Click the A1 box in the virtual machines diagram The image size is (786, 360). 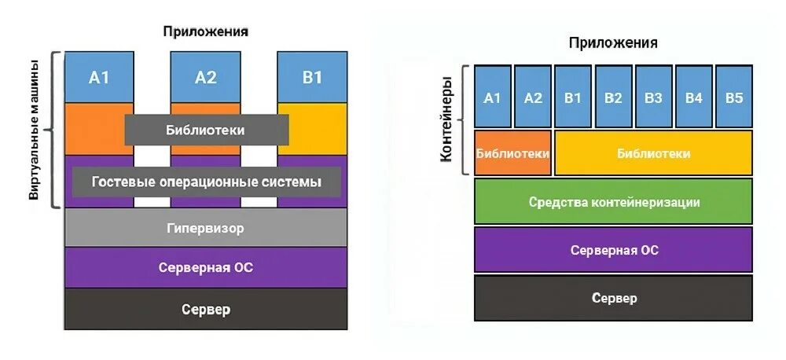tap(99, 77)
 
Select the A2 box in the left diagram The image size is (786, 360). tap(205, 77)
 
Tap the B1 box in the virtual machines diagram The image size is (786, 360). tap(312, 77)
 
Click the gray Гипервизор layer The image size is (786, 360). tap(205, 229)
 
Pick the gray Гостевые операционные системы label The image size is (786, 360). tap(207, 182)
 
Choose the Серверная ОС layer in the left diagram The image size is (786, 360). tap(205, 267)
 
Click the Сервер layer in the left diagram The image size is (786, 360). tap(205, 309)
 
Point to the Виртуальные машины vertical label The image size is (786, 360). tap(35, 130)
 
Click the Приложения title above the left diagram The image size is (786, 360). tap(206, 31)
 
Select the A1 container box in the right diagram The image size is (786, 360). tap(492, 98)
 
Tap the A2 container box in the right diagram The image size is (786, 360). tap(533, 98)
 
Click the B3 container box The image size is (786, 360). tap(654, 98)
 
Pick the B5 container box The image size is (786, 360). tap(734, 98)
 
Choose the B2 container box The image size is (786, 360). tap(614, 98)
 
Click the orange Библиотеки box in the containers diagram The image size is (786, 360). tap(512, 153)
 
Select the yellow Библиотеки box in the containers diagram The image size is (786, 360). tap(653, 153)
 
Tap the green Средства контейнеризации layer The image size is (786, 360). tap(614, 202)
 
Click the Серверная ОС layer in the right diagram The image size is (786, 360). tap(614, 250)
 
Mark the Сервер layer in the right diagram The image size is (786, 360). tap(614, 298)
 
